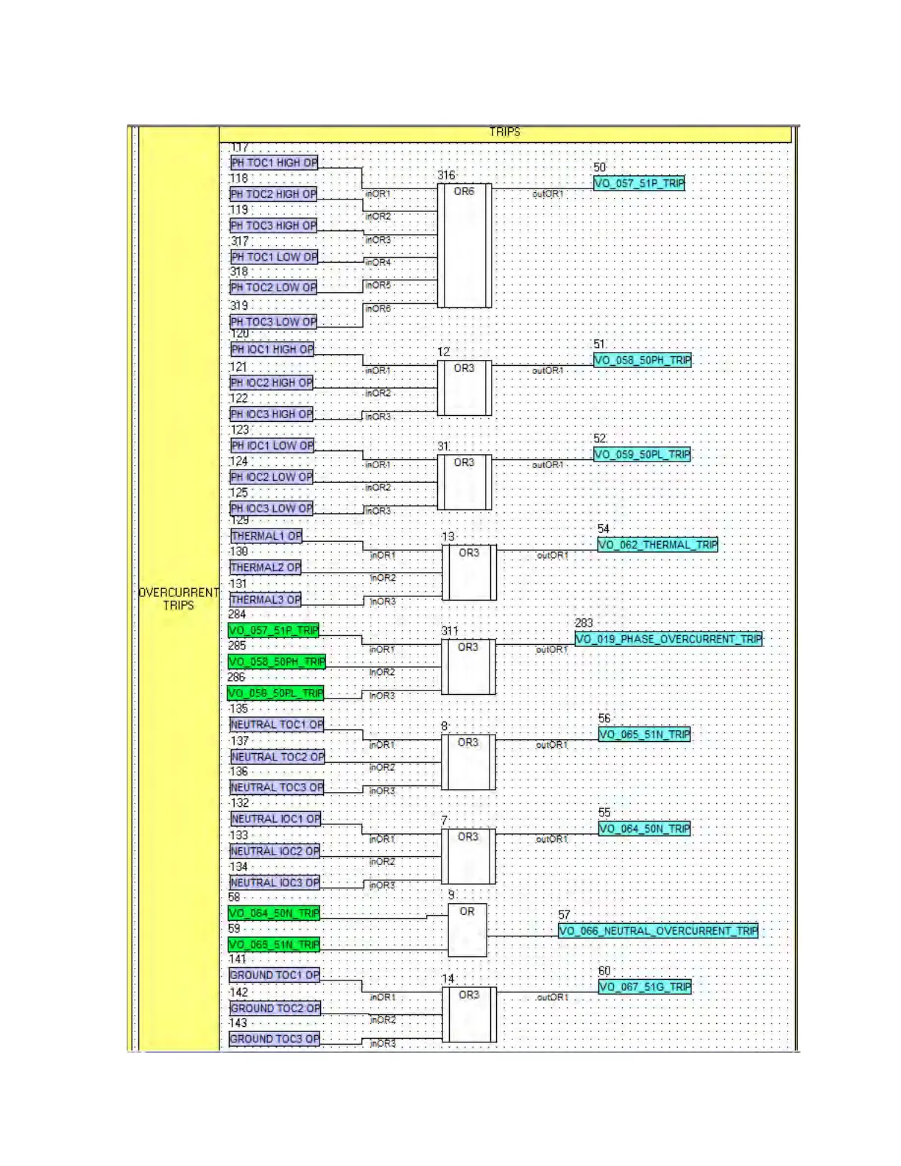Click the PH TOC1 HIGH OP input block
tap(274, 163)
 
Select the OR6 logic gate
tap(464, 245)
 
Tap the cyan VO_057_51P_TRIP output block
tap(639, 183)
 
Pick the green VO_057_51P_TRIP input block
tap(274, 630)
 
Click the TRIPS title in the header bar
tap(504, 132)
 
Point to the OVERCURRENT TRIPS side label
tap(178, 599)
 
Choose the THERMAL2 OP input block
tap(266, 568)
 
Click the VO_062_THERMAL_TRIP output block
tap(657, 545)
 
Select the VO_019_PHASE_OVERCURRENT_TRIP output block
tap(668, 639)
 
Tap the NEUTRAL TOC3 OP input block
tap(277, 788)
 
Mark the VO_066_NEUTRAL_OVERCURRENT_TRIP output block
tap(658, 931)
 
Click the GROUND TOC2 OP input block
tap(275, 1008)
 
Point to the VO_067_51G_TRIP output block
tap(645, 987)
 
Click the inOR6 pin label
tap(378, 308)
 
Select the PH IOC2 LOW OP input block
tap(272, 477)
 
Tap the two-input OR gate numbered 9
tap(467, 930)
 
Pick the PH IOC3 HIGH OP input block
tap(272, 414)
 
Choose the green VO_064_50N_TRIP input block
tap(274, 914)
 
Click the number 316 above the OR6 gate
tap(446, 175)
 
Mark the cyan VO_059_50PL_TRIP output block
tap(642, 454)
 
